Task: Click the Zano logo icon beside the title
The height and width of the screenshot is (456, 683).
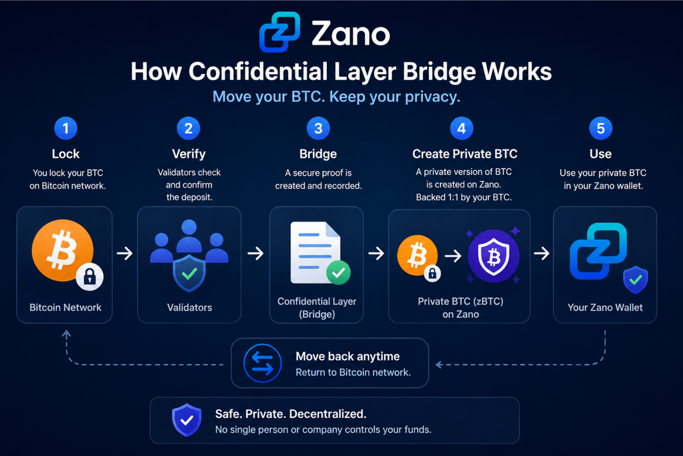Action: tap(279, 32)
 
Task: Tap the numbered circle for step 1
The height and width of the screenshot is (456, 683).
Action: tap(66, 129)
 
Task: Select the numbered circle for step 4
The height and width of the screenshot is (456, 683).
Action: tap(462, 129)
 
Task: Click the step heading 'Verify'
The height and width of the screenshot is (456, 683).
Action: tap(189, 154)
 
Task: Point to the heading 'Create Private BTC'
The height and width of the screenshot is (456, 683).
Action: tap(465, 154)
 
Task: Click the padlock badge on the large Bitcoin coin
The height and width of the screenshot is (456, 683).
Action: tap(90, 276)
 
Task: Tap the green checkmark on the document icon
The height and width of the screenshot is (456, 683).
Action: tap(338, 272)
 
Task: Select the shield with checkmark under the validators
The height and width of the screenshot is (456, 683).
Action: tap(189, 273)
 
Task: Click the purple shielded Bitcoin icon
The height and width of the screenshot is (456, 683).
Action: tap(494, 256)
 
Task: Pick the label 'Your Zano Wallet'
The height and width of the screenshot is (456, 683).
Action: tap(605, 307)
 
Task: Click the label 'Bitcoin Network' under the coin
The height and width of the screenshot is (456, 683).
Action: tap(65, 307)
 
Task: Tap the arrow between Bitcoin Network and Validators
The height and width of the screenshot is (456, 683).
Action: tap(125, 253)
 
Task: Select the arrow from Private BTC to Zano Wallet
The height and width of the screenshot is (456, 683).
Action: tap(542, 253)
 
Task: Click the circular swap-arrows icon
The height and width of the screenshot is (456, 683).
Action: tap(263, 363)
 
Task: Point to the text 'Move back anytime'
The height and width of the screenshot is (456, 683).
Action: tap(348, 356)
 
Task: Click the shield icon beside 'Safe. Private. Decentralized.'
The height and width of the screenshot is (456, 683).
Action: tap(187, 420)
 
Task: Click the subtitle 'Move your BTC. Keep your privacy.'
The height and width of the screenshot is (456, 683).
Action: tap(336, 96)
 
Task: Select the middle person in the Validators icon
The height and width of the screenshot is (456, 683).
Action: tap(189, 236)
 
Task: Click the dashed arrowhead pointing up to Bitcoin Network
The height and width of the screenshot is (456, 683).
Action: tap(66, 334)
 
